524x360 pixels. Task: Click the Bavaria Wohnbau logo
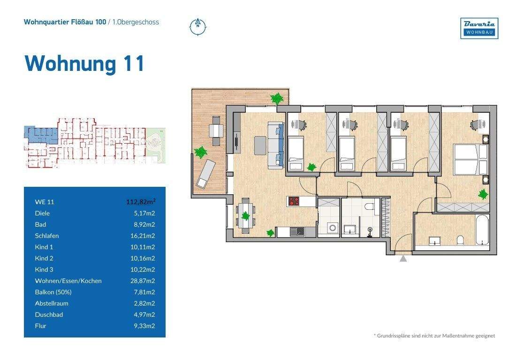point(479,28)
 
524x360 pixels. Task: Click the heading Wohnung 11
point(84,63)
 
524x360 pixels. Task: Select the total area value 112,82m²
point(141,202)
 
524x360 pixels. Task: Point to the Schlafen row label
point(46,236)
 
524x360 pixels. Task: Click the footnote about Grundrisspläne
point(434,336)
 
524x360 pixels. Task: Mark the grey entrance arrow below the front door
point(403,258)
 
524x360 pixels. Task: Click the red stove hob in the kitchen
point(294,201)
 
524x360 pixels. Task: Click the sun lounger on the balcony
point(206,173)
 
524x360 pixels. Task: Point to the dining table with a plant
point(245,215)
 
